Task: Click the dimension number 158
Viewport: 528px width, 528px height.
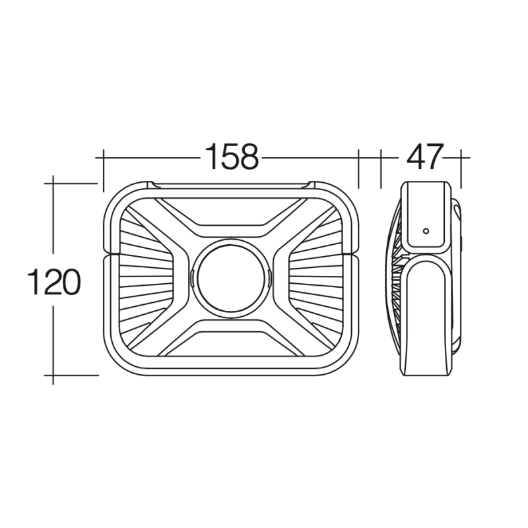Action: [x=232, y=156]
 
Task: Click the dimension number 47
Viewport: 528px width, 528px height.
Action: [x=424, y=156]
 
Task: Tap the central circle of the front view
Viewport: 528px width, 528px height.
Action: [x=230, y=279]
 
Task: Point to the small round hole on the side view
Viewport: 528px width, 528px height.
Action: [x=426, y=231]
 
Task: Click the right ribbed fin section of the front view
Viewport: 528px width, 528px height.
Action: [x=317, y=279]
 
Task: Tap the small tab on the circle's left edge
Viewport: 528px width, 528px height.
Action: [x=191, y=279]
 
